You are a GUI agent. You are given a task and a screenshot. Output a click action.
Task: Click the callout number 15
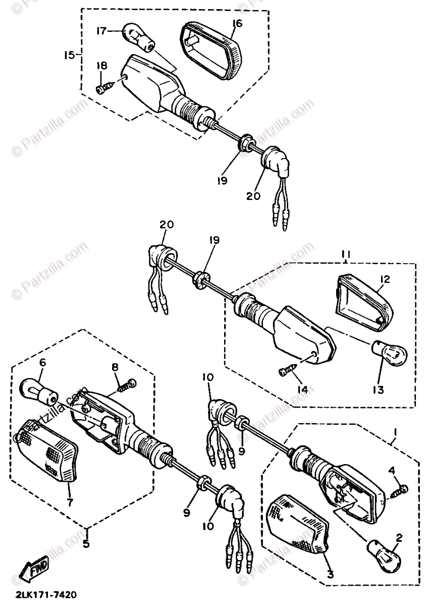(69, 55)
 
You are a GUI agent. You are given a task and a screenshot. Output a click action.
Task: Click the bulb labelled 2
(383, 550)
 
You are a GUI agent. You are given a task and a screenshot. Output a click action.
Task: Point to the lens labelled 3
(296, 520)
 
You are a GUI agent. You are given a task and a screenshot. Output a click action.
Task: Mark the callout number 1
(396, 433)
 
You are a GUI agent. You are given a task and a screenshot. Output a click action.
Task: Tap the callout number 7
(70, 502)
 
